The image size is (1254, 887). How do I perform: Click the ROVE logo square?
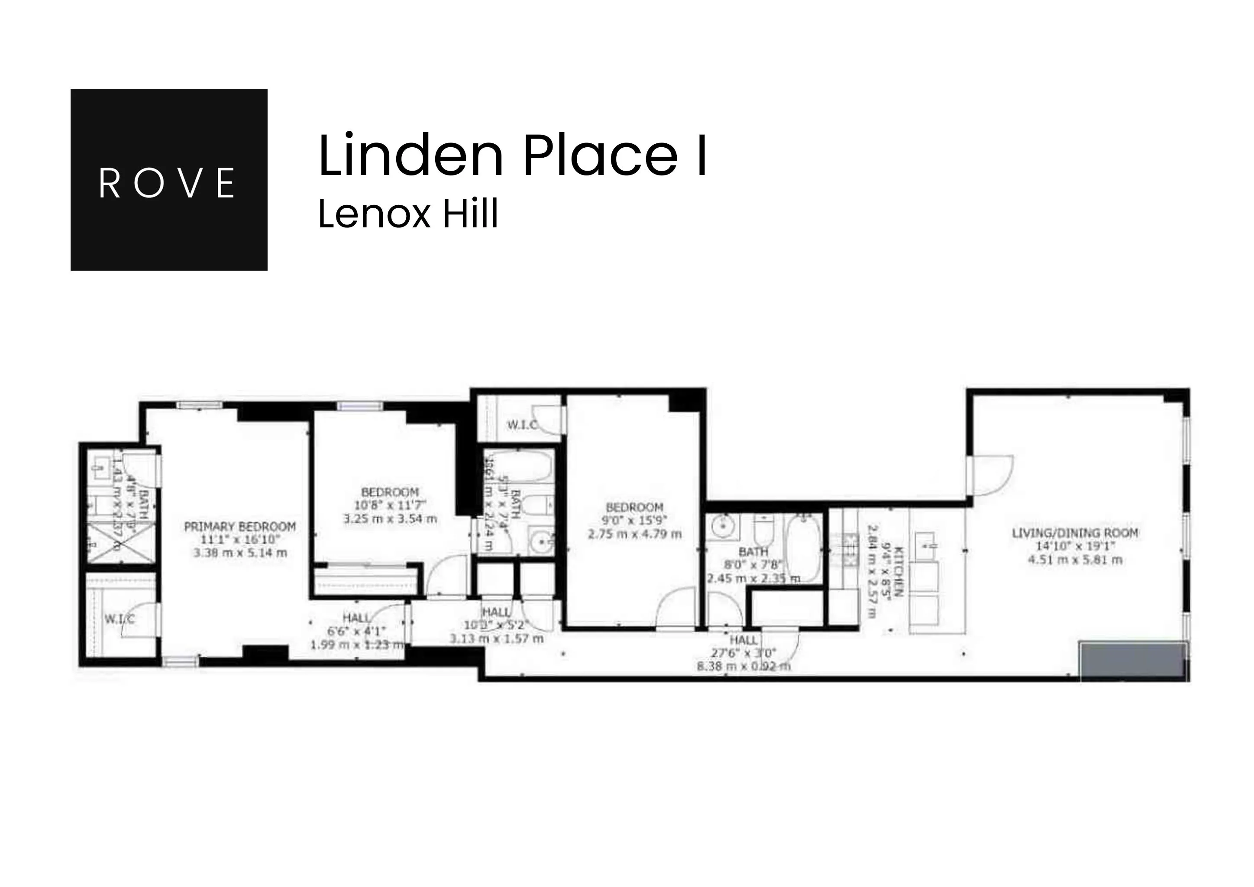click(169, 180)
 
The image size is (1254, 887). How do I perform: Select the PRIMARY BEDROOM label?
click(240, 527)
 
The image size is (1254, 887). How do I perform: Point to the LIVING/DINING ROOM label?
click(1075, 533)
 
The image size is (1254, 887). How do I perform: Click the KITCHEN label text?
click(898, 571)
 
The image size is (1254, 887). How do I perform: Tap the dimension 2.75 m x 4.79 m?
click(635, 534)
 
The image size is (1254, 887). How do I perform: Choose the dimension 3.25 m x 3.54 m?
click(390, 519)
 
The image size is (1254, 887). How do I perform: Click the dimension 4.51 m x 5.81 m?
click(1075, 560)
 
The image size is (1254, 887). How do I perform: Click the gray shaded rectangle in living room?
click(1133, 661)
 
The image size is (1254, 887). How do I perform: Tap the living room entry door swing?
click(991, 475)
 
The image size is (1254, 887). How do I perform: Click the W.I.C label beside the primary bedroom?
click(119, 619)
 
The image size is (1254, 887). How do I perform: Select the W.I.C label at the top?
click(522, 425)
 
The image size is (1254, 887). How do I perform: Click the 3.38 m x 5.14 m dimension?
click(240, 553)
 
